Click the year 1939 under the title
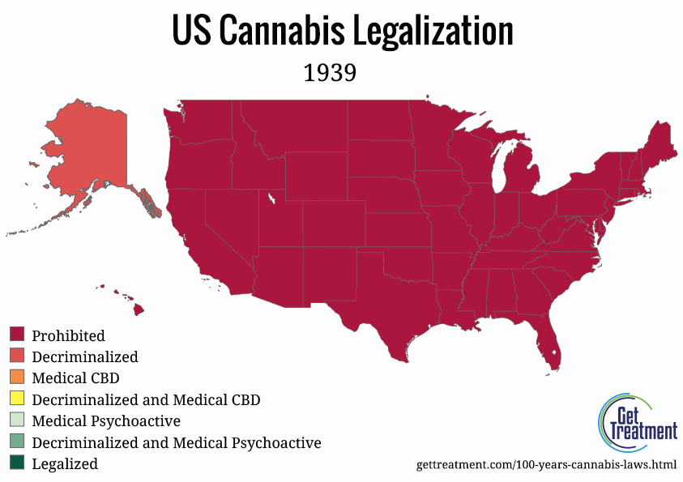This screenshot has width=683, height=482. click(330, 73)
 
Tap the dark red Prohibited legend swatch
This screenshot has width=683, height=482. click(17, 335)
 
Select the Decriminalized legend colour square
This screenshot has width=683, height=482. click(17, 356)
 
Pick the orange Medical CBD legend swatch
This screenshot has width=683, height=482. click(17, 377)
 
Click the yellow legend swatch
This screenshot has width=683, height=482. click(17, 399)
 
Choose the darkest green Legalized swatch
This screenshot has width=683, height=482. click(17, 464)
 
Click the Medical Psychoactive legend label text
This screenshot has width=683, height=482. click(105, 421)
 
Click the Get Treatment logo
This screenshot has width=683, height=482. click(637, 422)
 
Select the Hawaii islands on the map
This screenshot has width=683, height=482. click(138, 309)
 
